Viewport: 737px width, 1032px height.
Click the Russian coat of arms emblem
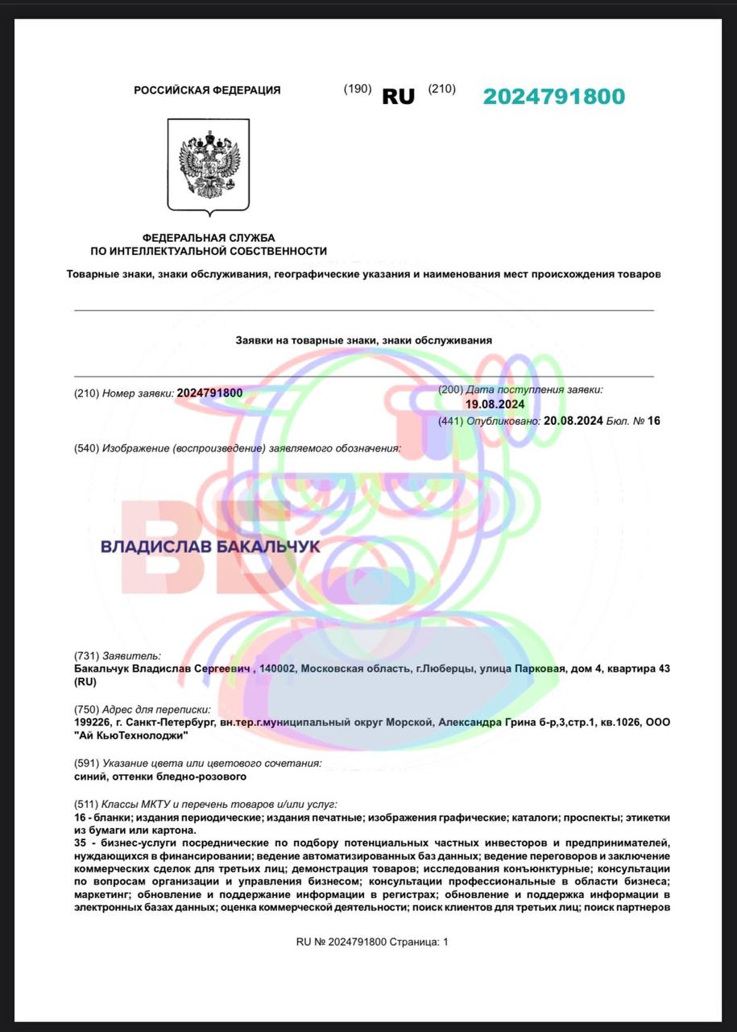209,166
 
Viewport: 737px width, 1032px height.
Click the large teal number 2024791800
553,97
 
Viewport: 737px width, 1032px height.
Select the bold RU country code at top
398,97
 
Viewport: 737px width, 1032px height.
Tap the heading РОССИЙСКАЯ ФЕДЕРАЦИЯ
207,90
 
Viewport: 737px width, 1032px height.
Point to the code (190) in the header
357,89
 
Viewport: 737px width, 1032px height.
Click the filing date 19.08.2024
495,405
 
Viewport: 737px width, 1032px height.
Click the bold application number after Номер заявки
209,393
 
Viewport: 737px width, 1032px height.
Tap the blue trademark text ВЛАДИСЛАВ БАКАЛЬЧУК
210,547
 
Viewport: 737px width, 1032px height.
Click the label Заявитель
130,656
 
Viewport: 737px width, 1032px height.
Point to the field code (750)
86,709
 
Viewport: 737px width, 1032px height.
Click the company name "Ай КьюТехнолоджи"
130,735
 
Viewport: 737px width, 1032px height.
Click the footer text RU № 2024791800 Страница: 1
372,942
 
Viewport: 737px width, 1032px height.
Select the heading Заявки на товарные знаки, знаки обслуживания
363,340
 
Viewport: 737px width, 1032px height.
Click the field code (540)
86,447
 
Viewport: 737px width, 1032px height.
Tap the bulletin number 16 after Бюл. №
653,420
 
